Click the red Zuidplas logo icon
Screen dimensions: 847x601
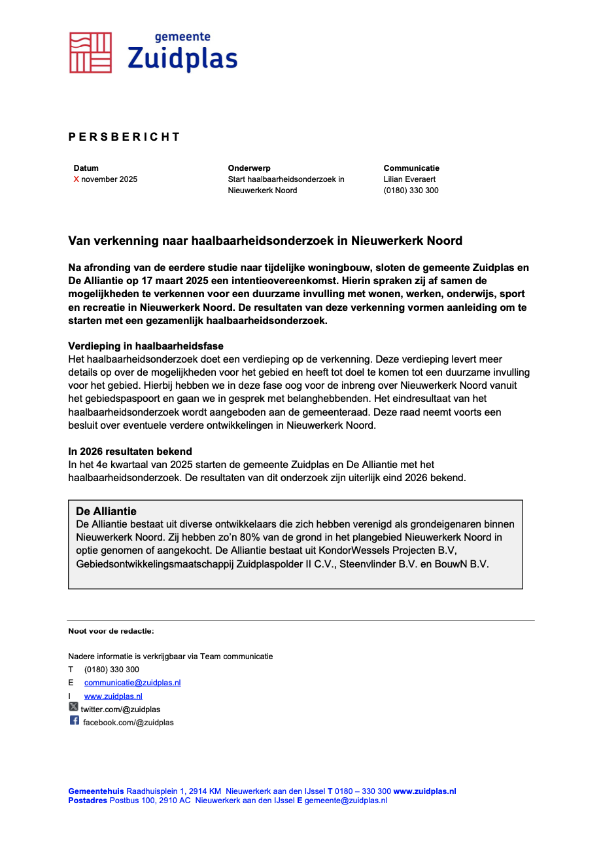click(x=90, y=52)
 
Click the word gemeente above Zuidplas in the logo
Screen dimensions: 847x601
click(x=182, y=37)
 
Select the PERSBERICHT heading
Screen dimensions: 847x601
click(x=124, y=137)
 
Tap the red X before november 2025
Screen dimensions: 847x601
click(x=76, y=179)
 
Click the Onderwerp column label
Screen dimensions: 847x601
click(x=249, y=168)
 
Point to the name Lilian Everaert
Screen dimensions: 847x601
click(x=409, y=179)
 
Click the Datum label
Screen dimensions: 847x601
click(x=86, y=168)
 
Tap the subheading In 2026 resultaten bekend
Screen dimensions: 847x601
click(x=130, y=452)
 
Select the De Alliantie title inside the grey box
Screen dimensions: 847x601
click(x=106, y=511)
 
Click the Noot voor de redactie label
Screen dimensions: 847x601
click(x=111, y=631)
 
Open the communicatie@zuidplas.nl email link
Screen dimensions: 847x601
click(x=132, y=682)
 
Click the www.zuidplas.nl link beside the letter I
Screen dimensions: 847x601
click(x=113, y=696)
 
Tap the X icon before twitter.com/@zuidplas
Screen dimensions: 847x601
click(x=74, y=707)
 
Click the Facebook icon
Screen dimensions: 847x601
click(x=75, y=721)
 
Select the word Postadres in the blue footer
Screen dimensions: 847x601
click(x=88, y=801)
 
